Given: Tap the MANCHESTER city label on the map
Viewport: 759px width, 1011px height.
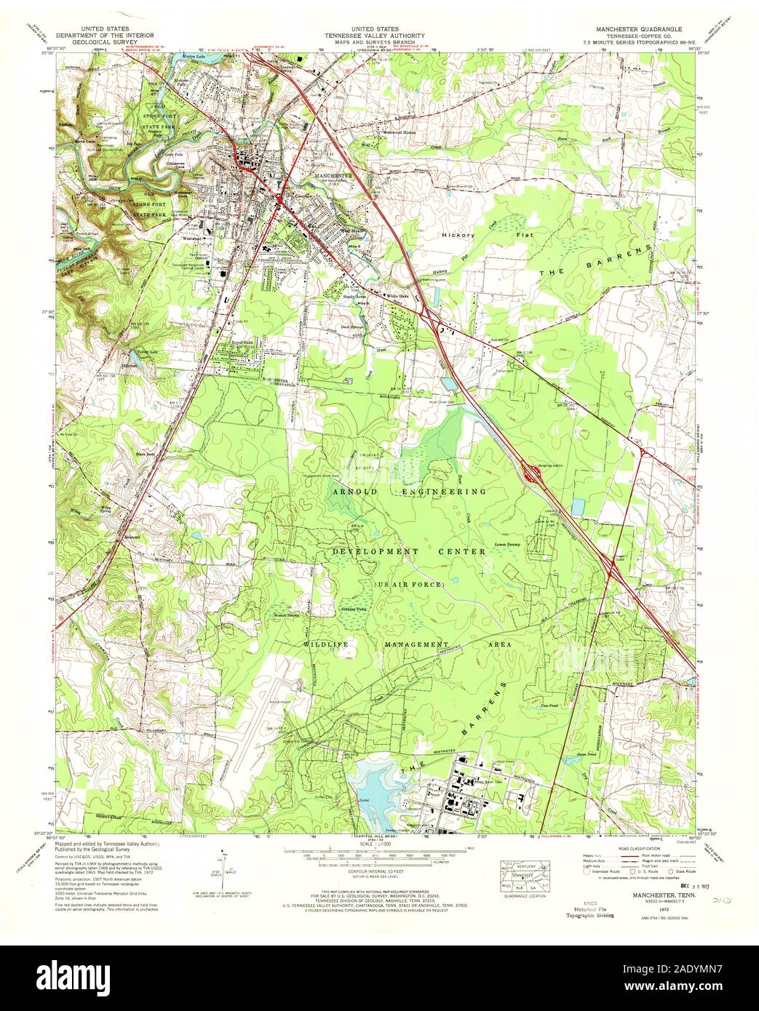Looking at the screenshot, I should coord(333,176).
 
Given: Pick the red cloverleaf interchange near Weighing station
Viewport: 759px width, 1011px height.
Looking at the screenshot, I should coord(534,476).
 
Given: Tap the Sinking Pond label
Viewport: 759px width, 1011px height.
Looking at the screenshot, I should coord(356,609).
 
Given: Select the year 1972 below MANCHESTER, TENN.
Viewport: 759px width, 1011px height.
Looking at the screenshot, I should coord(619,909).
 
